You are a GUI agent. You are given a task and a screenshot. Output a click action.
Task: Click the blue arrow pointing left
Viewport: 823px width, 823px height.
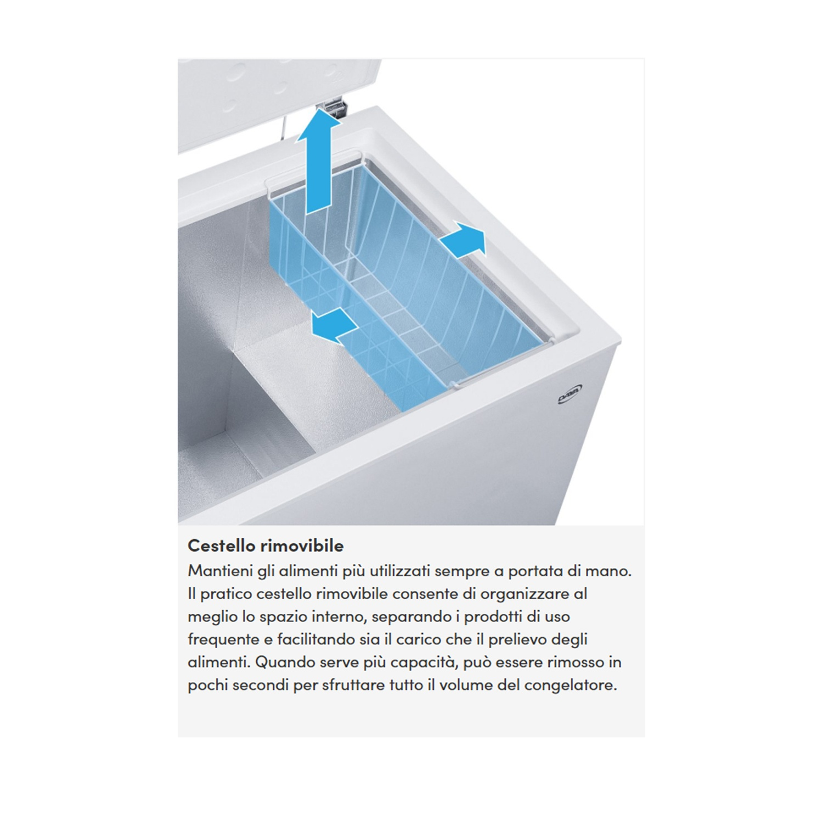tap(332, 326)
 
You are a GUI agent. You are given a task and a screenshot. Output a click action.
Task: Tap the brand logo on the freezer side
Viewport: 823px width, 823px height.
tap(570, 394)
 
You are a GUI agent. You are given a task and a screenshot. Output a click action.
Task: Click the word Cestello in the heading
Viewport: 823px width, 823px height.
tap(222, 545)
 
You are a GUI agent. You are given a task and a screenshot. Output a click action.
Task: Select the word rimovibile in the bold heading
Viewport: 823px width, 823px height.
tap(302, 545)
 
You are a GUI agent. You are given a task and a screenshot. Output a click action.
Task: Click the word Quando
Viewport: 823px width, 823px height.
tap(285, 662)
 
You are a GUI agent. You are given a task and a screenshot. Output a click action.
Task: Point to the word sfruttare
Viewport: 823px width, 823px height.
tap(353, 685)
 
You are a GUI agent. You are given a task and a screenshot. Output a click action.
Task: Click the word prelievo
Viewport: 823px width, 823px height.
tap(517, 640)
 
